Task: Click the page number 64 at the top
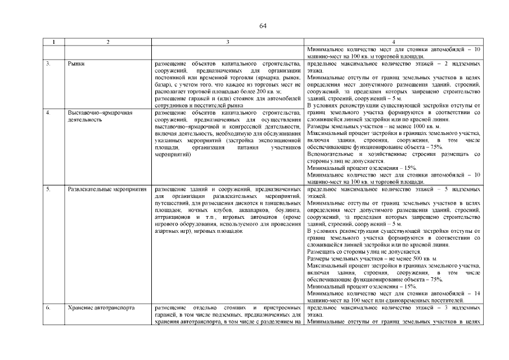coord(263,26)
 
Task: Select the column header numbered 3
coord(228,42)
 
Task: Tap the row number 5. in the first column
coord(48,189)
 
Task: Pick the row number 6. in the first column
coord(48,308)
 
